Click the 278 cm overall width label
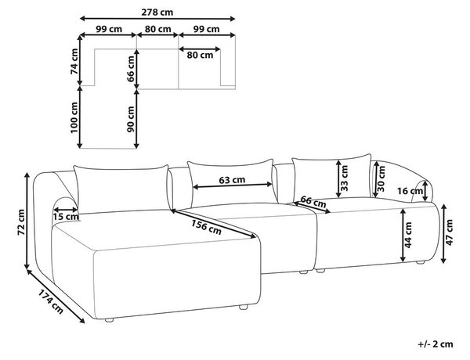click(x=157, y=12)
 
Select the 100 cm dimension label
click(x=74, y=117)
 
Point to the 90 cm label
click(x=131, y=119)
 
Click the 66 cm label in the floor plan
click(x=131, y=69)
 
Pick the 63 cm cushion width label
click(x=232, y=180)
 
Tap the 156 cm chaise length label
click(x=206, y=227)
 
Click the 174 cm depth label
click(x=50, y=301)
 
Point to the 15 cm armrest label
click(x=66, y=217)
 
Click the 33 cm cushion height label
click(x=345, y=178)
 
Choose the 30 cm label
click(x=381, y=178)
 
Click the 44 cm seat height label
click(x=408, y=235)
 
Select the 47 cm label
click(x=450, y=232)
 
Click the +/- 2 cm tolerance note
click(x=436, y=344)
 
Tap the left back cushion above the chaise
click(x=122, y=189)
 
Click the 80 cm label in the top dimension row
click(x=158, y=29)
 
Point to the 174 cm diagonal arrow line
click(x=56, y=296)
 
